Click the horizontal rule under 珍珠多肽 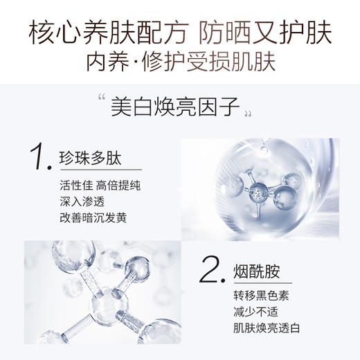pyautogui.click(x=100, y=170)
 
